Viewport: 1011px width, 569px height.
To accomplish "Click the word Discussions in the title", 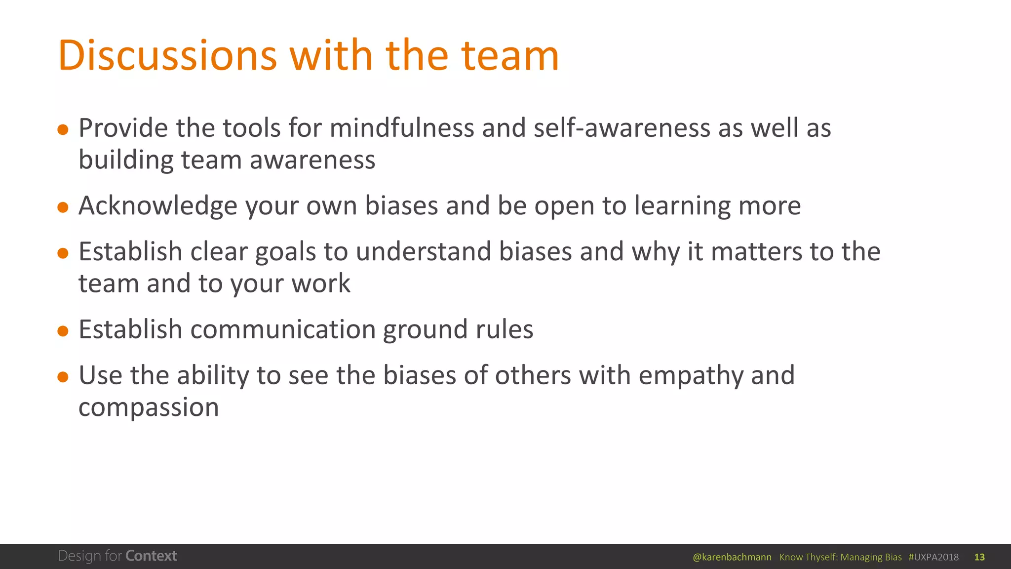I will [x=167, y=55].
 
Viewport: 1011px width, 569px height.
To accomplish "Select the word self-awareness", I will [x=622, y=128].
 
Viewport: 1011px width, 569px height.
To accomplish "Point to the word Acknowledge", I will [x=157, y=206].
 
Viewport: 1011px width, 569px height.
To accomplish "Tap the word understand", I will [x=423, y=251].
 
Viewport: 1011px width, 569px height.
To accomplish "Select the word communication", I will [x=283, y=329].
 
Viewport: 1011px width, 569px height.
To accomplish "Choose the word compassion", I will [x=149, y=408].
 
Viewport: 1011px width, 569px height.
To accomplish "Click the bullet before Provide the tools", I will [x=63, y=130].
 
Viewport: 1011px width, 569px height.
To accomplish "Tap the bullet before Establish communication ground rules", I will [x=63, y=331].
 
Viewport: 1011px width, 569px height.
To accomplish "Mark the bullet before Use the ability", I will [x=63, y=377].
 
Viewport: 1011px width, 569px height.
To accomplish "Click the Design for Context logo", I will [x=117, y=556].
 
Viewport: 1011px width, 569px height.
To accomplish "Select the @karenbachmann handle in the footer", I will [x=732, y=557].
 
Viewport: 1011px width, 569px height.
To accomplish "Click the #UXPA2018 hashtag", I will [x=933, y=557].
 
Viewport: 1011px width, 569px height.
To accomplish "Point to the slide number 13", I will [x=979, y=557].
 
